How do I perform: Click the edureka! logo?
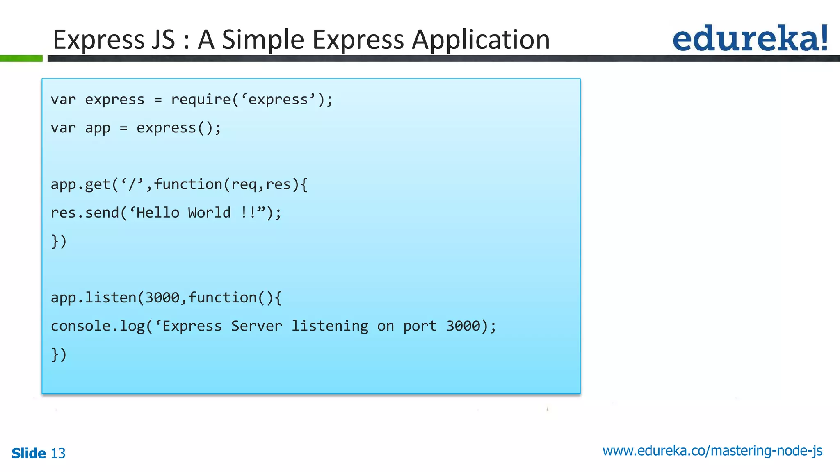coord(750,38)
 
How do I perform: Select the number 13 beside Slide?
coord(58,454)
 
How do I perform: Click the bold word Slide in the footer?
coord(29,454)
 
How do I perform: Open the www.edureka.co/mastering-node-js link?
coord(712,451)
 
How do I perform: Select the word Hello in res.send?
coord(158,213)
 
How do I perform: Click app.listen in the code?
coord(94,297)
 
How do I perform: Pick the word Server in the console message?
coord(256,326)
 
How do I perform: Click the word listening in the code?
coord(330,326)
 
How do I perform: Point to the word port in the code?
coord(420,327)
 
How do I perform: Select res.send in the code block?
coord(84,213)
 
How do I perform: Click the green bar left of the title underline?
coord(21,59)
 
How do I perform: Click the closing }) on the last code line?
coord(59,354)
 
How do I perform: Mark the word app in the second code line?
coord(98,128)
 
